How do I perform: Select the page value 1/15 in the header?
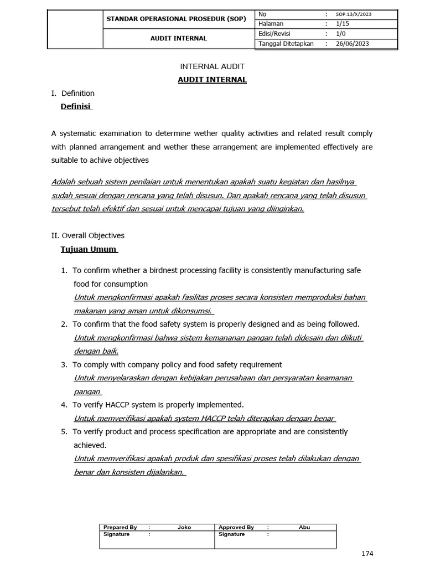click(344, 24)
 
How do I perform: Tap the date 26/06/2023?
click(353, 44)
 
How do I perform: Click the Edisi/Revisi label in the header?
click(274, 34)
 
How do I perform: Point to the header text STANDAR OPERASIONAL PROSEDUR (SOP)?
click(176, 19)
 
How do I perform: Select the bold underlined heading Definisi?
click(76, 106)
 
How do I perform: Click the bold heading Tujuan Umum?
click(89, 249)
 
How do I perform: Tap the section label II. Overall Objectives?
click(87, 235)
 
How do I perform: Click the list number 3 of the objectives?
click(64, 364)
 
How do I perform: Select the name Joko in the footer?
click(184, 527)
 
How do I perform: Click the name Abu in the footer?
click(304, 527)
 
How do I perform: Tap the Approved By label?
click(236, 527)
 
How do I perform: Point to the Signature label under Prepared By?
click(116, 534)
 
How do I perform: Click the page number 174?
click(367, 554)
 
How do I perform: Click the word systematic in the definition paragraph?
click(81, 133)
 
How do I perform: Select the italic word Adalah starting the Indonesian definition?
click(63, 182)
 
